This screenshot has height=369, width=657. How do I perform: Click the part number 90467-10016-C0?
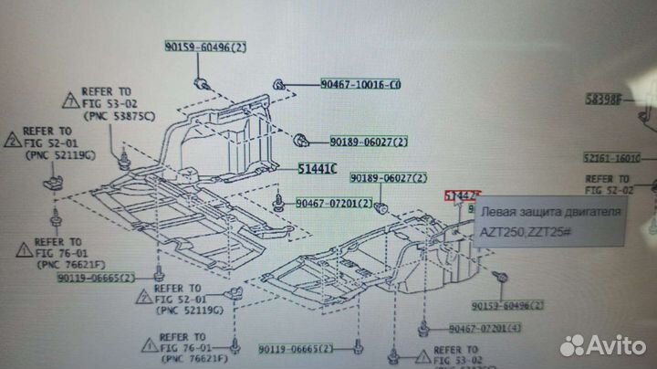[x=360, y=84]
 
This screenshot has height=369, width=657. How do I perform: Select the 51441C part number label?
[x=317, y=169]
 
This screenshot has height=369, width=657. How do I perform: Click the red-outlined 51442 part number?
[x=460, y=195]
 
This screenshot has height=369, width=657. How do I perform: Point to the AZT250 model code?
[x=505, y=232]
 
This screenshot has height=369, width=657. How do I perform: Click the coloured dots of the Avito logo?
[x=573, y=344]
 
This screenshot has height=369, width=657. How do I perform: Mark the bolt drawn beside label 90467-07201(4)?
[x=423, y=327]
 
